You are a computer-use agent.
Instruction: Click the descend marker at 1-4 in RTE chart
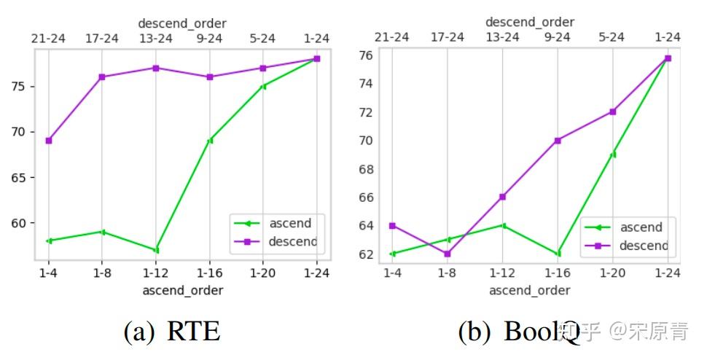coord(49,141)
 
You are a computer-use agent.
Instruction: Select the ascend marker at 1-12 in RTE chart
coord(156,250)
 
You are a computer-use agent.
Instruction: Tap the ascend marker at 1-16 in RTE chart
coord(210,141)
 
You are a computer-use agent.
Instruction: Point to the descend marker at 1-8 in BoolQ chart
coord(448,254)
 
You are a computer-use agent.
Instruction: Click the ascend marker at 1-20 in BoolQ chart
coord(613,154)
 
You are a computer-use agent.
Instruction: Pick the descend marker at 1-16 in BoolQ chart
coord(558,140)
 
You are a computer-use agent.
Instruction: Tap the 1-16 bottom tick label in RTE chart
coord(210,273)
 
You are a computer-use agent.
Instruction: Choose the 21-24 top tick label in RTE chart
coord(48,38)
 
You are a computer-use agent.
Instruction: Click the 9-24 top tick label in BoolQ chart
coord(558,37)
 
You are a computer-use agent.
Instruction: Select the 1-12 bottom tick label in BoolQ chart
coord(502,273)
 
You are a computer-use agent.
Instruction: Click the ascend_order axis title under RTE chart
coord(182,290)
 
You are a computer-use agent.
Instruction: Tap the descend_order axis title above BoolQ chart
coord(529,23)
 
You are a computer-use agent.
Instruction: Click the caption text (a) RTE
coord(172,332)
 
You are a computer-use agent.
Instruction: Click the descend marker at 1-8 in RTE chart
coord(102,77)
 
